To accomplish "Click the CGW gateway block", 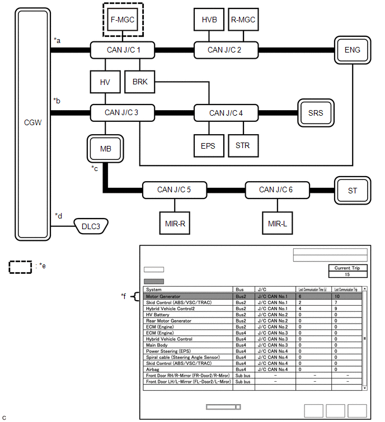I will pyautogui.click(x=33, y=122).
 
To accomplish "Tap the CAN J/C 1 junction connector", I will pyautogui.click(x=123, y=50).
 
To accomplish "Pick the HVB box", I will pyautogui.click(x=209, y=20).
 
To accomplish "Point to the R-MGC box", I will pyautogui.click(x=243, y=20).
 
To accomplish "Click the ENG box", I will pyautogui.click(x=353, y=50).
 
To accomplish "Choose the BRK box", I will pyautogui.click(x=140, y=82).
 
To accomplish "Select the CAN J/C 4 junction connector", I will pyautogui.click(x=226, y=113).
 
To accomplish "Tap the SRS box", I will pyautogui.click(x=316, y=113).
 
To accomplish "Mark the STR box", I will pyautogui.click(x=243, y=146).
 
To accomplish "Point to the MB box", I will pyautogui.click(x=106, y=149).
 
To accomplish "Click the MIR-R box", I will pyautogui.click(x=175, y=222).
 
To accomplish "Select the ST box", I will pyautogui.click(x=353, y=191).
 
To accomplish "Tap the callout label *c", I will pyautogui.click(x=96, y=168).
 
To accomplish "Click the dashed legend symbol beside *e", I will pyautogui.click(x=20, y=267).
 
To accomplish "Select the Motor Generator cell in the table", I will pyautogui.click(x=163, y=297).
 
